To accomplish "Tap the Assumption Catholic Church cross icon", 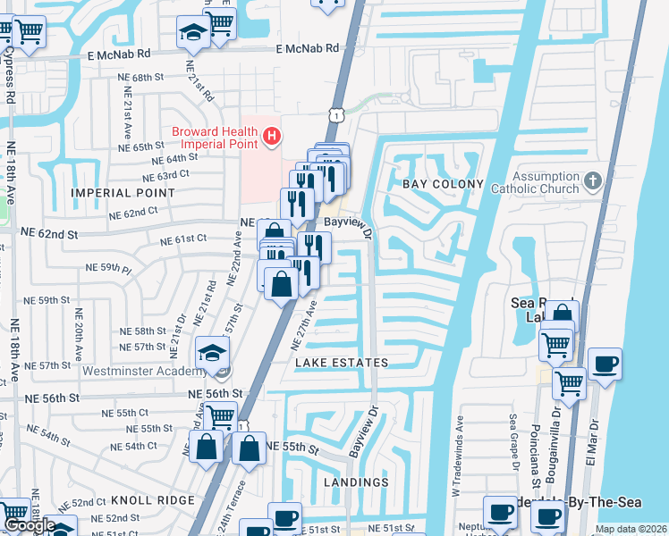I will pos(592,182).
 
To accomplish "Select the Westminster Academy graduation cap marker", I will pos(212,351).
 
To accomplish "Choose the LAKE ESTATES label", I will pos(342,363).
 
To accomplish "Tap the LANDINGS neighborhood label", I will pos(357,482).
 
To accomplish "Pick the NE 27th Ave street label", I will pos(304,325).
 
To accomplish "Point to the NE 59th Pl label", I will pos(108,267).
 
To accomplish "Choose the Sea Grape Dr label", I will pos(513,441).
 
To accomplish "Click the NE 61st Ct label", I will pos(183,240).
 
